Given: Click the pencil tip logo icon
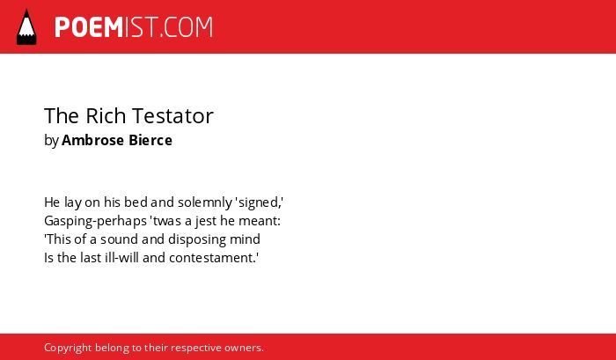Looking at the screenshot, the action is pyautogui.click(x=26, y=27).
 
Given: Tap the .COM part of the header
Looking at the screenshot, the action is pyautogui.click(x=187, y=27).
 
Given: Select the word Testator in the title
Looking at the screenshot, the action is pyautogui.click(x=172, y=116).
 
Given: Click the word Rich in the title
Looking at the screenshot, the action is pyautogui.click(x=106, y=115).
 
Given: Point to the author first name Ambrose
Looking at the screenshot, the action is pyautogui.click(x=93, y=140).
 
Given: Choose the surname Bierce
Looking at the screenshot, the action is pyautogui.click(x=150, y=140).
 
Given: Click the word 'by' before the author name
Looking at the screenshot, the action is pyautogui.click(x=51, y=141).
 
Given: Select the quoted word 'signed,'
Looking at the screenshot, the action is pyautogui.click(x=260, y=202).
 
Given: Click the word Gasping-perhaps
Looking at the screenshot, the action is pyautogui.click(x=95, y=221).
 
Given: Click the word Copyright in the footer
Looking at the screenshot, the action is pyautogui.click(x=68, y=349).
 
